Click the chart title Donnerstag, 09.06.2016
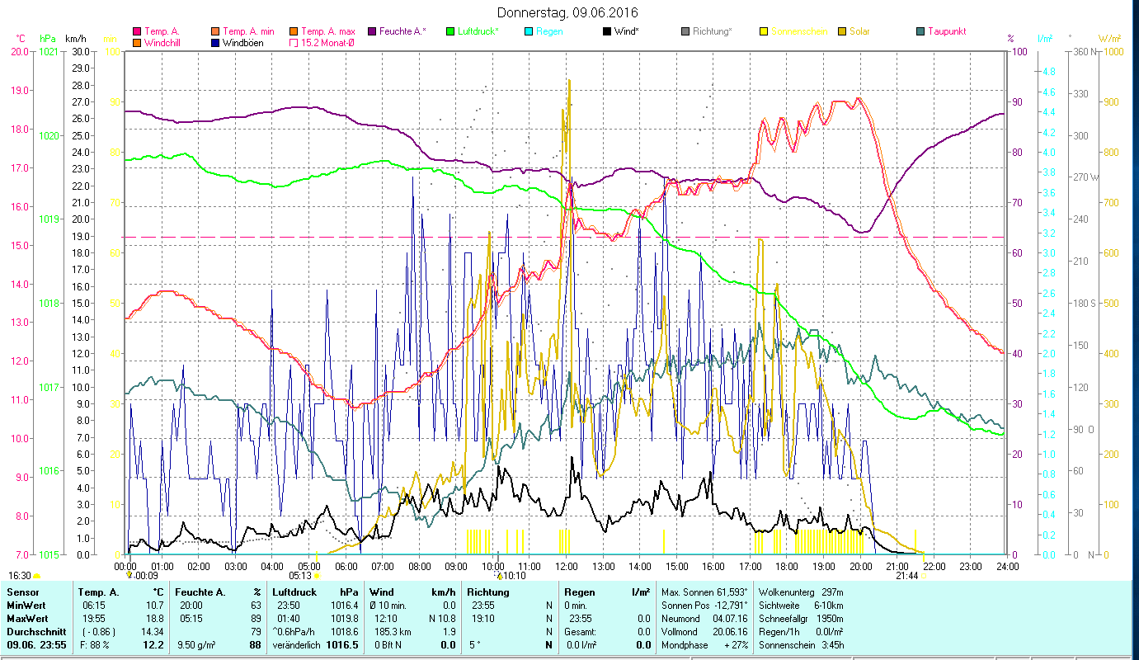pos(568,12)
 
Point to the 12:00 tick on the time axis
pos(566,567)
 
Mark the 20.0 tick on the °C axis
pos(20,51)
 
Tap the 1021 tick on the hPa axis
pos(49,51)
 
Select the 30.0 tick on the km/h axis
pos(81,51)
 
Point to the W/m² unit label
pos(1109,38)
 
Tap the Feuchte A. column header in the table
pos(200,592)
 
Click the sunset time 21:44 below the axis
pos(907,576)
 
